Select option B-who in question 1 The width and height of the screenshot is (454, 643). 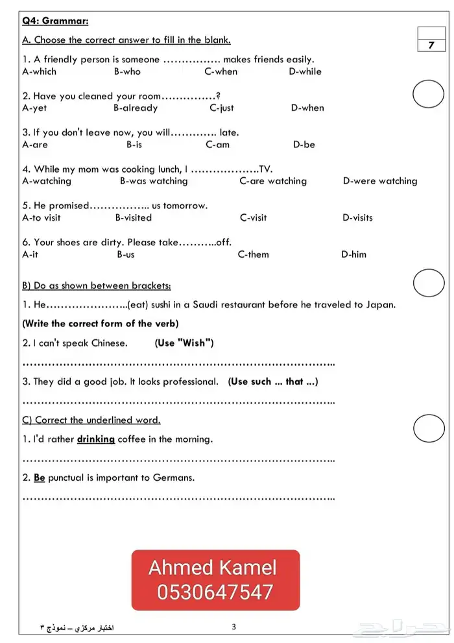point(127,71)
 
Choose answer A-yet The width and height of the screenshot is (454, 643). point(34,108)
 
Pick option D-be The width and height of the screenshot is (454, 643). point(304,145)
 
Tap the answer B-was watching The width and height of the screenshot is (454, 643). point(154,181)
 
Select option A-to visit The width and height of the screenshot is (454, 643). point(42,218)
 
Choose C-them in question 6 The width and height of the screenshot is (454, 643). point(253,254)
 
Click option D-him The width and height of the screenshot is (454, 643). point(353,254)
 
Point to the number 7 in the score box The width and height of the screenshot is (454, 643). point(431,45)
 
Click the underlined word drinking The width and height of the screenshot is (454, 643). point(96,439)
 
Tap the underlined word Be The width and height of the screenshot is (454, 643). point(39,478)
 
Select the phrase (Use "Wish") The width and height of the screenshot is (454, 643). point(184,343)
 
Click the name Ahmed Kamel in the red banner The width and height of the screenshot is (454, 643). point(213,568)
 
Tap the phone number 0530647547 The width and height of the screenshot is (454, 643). point(215,592)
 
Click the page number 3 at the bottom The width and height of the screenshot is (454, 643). point(233,627)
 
